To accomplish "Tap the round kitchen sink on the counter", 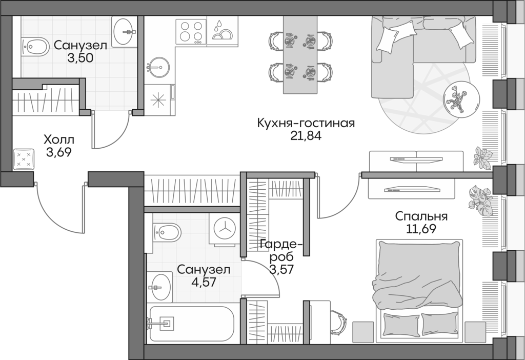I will click(158, 66).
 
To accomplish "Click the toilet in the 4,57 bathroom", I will click(166, 233).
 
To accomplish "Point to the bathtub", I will click(191, 323).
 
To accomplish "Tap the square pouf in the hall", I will click(24, 158).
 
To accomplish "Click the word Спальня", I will click(421, 216).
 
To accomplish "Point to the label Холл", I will click(58, 139).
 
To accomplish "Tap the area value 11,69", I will click(421, 229).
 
